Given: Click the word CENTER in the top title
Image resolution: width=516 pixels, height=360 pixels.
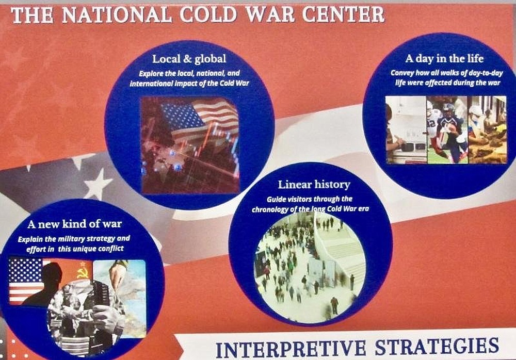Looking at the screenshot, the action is coord(343,15).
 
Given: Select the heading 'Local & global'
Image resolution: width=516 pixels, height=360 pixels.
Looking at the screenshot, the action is coord(189,59).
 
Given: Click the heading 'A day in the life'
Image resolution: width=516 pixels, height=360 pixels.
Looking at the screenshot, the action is coord(444,59).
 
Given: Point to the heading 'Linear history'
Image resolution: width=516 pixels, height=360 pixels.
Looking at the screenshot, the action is coord(314,185).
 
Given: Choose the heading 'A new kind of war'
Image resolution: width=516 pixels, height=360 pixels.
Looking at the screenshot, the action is coord(75,224).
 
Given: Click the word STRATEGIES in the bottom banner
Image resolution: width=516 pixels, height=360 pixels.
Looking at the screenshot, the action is coord(437,347).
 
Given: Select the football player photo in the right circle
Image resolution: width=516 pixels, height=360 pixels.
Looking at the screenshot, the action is coord(447,130).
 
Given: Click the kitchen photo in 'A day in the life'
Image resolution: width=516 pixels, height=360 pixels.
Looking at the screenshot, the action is coord(406,130).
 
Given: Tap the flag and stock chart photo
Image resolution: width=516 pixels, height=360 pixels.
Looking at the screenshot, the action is coord(190,145).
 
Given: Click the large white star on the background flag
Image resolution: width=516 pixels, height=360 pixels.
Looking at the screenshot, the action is coord(98,184).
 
